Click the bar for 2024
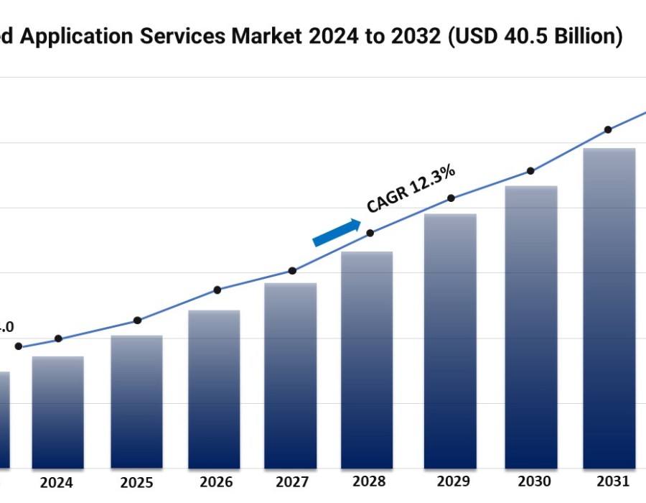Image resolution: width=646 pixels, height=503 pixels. pyautogui.click(x=57, y=412)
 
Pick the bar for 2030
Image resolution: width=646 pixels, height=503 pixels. pyautogui.click(x=531, y=327)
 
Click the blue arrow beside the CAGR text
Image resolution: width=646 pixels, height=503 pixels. pyautogui.click(x=337, y=233)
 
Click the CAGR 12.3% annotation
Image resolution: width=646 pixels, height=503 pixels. pyautogui.click(x=411, y=189)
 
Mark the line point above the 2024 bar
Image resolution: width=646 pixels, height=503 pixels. pyautogui.click(x=58, y=338)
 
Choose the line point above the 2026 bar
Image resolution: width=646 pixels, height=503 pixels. pyautogui.click(x=217, y=290)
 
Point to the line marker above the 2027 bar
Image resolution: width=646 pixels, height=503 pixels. pyautogui.click(x=292, y=271)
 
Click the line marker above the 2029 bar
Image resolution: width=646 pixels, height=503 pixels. pyautogui.click(x=451, y=198)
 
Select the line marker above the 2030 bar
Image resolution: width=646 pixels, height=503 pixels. pyautogui.click(x=530, y=171)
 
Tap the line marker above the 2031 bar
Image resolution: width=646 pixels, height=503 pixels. pyautogui.click(x=608, y=129)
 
